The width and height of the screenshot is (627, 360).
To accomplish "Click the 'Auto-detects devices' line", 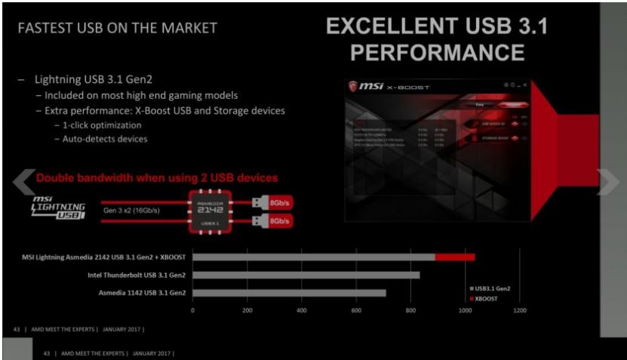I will [x=100, y=139].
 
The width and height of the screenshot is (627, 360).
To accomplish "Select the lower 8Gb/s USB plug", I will [x=269, y=221].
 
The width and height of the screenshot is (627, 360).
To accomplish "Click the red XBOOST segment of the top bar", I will [x=454, y=257].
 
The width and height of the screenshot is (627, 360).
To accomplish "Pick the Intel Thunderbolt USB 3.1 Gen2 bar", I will [x=306, y=275].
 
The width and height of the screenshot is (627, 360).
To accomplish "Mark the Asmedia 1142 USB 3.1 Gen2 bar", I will [x=290, y=292].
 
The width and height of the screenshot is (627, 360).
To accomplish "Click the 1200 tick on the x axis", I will [x=519, y=310].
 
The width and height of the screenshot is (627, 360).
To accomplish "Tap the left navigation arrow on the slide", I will [x=24, y=180].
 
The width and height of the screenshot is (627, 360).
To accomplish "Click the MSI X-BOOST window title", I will [x=392, y=88].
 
